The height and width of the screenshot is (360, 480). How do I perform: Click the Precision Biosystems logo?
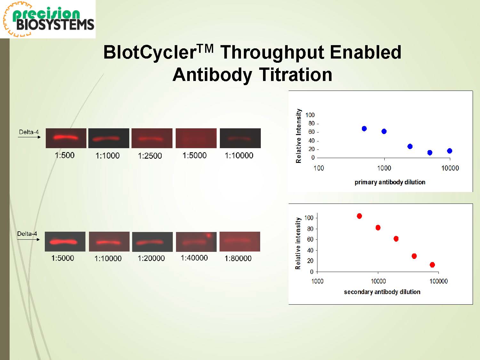point(48,19)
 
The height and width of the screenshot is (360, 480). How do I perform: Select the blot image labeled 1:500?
point(66,138)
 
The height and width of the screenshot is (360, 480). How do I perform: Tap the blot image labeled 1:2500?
point(152,138)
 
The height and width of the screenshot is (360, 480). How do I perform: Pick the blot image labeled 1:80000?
point(240,242)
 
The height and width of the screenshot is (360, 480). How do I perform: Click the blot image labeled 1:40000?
point(196,242)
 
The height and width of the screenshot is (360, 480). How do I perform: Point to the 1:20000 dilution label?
point(151,258)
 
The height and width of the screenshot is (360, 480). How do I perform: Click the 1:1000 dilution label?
point(108,156)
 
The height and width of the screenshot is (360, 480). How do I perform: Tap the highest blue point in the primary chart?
point(364,129)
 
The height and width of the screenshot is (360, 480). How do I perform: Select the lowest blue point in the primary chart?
point(430,153)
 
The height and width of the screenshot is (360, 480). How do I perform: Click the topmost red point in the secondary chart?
point(359,216)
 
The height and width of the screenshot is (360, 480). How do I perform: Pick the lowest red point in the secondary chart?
point(432,265)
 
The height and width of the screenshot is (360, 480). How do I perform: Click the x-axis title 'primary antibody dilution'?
point(390,182)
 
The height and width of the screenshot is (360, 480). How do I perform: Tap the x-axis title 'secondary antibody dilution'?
point(382,292)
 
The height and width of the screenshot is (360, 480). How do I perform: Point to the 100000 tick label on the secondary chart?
point(438,281)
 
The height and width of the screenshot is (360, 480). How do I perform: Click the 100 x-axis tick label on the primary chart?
point(319,168)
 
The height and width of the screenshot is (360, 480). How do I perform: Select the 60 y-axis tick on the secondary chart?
point(310,239)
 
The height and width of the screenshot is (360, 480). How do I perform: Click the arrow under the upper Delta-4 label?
point(29,137)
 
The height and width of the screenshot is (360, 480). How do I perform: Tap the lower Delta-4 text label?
point(27,234)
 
